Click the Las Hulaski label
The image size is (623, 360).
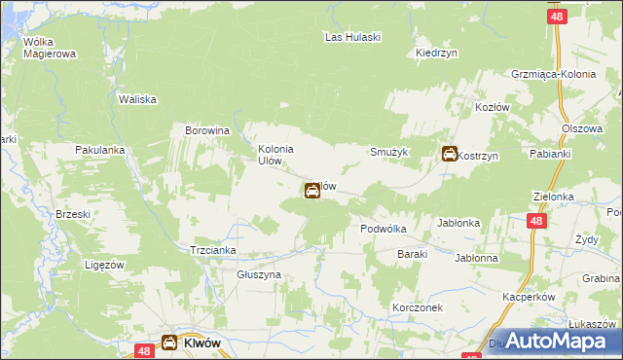point(352,37)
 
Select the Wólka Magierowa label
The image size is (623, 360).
point(50,48)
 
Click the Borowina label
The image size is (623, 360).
point(206,129)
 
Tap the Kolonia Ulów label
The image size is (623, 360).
point(275,155)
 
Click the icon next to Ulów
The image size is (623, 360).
point(312,192)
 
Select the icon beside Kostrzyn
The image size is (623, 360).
point(450,154)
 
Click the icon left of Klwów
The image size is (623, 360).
point(169,342)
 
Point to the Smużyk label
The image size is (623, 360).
point(388,153)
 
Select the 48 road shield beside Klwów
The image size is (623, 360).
point(143,350)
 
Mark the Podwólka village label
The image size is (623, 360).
point(383,229)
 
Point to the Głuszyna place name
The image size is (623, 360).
point(259,275)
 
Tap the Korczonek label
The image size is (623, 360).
point(418,306)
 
